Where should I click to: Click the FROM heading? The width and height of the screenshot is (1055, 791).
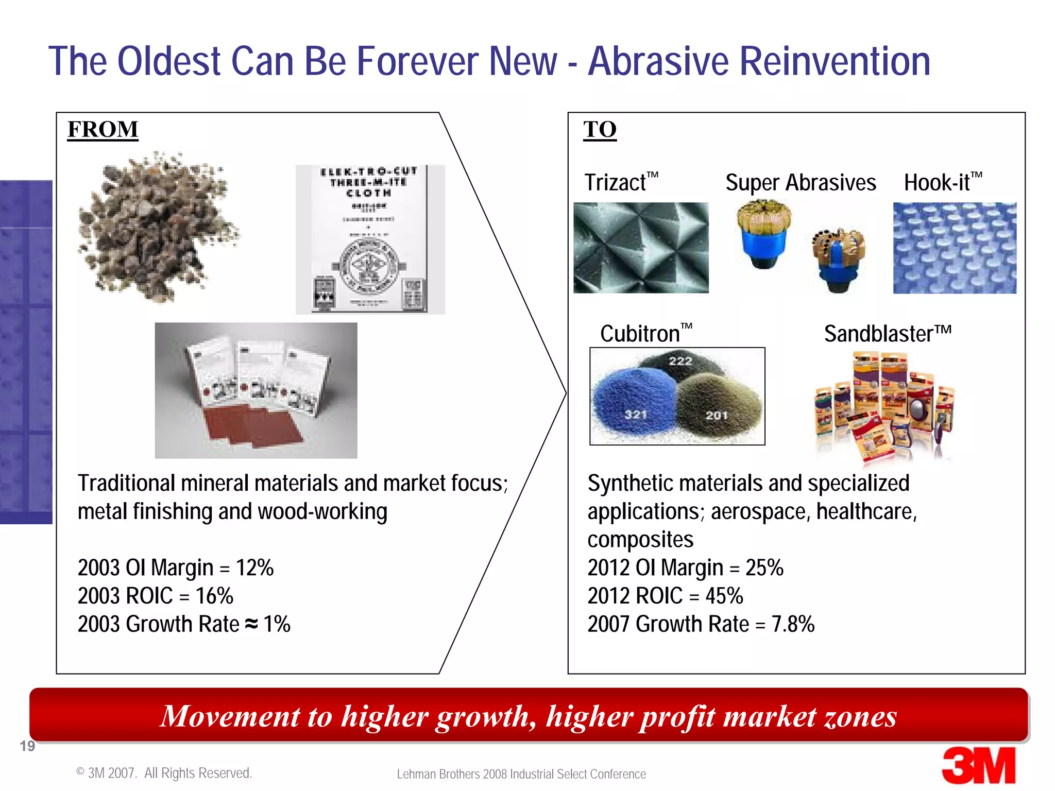tap(103, 129)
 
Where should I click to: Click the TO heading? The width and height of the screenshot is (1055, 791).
tap(600, 129)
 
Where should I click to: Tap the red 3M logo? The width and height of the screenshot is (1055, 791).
tap(978, 766)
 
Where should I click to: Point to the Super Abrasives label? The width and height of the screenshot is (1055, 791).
tap(801, 183)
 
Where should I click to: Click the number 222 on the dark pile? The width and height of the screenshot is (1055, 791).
tap(680, 361)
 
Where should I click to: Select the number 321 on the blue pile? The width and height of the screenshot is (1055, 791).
tap(635, 414)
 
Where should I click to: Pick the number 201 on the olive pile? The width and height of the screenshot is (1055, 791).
tap(716, 415)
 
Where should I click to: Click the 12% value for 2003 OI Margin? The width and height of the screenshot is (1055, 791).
tap(254, 568)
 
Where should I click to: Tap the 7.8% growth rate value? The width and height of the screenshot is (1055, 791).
tap(793, 624)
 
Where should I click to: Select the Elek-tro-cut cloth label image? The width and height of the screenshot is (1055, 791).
tap(369, 239)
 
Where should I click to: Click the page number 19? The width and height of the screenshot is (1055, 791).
tap(27, 746)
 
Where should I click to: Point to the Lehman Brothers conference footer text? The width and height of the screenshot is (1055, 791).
tap(521, 774)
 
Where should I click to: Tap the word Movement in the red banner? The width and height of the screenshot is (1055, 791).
tap(230, 716)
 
